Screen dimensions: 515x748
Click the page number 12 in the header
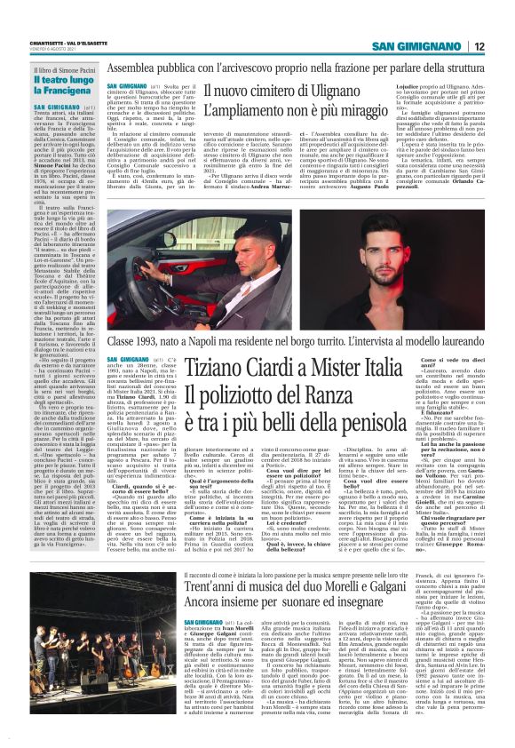click(502, 46)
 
